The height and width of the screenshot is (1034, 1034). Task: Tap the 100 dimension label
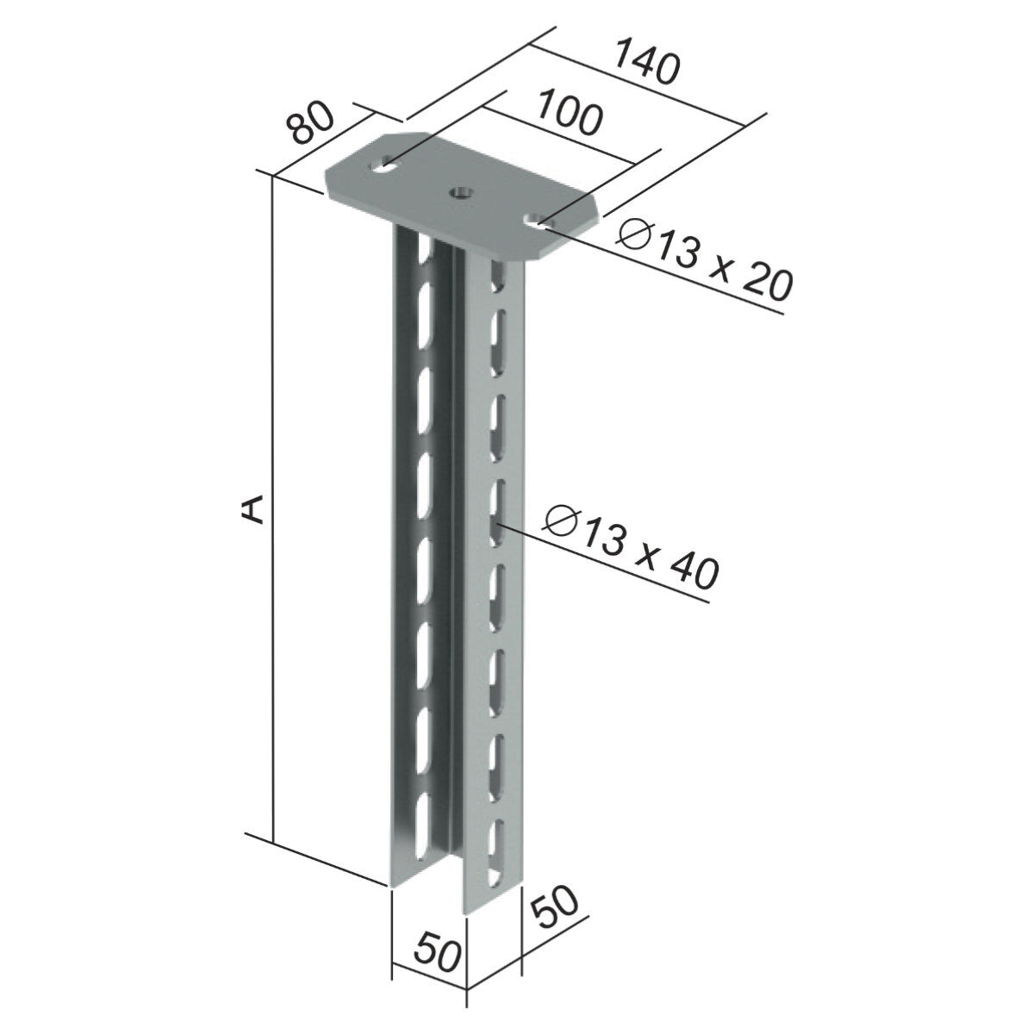570,112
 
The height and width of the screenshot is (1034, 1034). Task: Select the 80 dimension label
309,124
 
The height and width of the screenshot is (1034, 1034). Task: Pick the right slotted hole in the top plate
539,220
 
